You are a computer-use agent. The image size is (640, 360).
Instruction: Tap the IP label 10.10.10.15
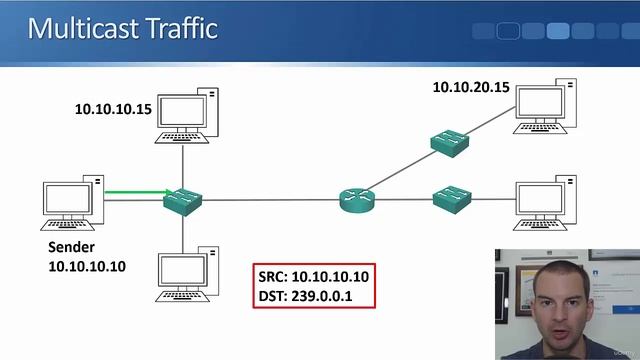[113, 109]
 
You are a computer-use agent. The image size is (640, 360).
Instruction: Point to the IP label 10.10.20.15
[471, 87]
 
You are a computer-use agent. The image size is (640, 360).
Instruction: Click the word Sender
[73, 247]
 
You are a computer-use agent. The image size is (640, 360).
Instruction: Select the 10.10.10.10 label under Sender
[87, 266]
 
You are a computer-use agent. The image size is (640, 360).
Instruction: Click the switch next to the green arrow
[183, 200]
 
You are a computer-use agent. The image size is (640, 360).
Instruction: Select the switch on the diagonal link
[450, 142]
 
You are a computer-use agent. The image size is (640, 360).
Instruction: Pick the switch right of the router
[452, 197]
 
